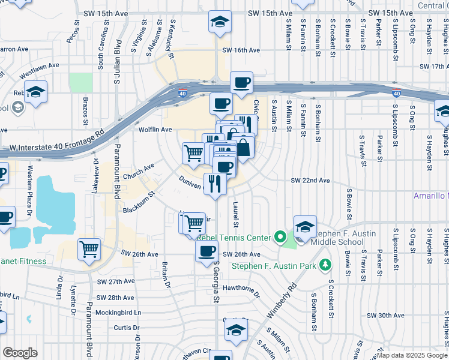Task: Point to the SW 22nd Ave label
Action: click(310, 181)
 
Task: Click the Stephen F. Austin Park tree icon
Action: click(325, 264)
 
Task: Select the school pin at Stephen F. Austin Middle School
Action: click(306, 227)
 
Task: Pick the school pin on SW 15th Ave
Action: click(220, 22)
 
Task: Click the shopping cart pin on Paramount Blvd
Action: click(89, 248)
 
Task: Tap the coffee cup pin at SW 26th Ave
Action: click(207, 250)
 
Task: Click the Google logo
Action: click(20, 353)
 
